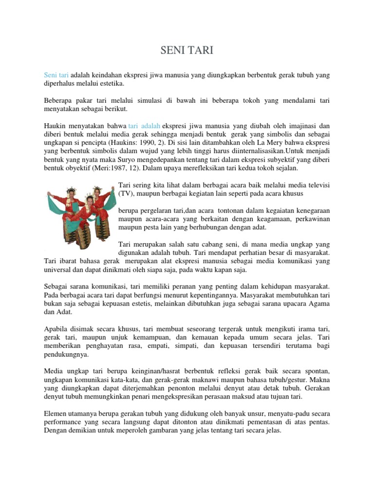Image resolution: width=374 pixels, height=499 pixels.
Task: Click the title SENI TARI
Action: point(187,50)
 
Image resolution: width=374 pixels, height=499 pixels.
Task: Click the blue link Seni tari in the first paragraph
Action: point(56,76)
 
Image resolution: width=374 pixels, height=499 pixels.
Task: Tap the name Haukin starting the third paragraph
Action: point(55,125)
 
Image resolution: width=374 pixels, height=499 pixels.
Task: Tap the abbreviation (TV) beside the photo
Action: point(126,193)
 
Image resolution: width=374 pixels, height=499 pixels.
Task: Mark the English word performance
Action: point(64,422)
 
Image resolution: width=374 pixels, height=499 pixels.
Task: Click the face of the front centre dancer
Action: point(90,200)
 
